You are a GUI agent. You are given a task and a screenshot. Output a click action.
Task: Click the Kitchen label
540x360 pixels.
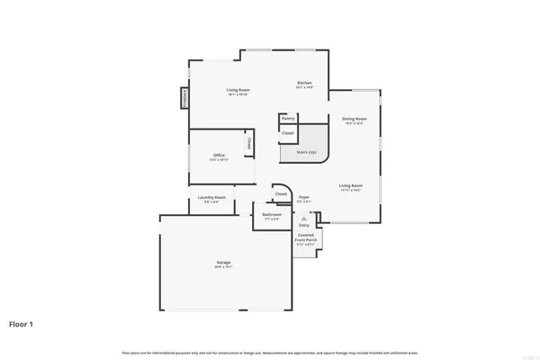[304, 84]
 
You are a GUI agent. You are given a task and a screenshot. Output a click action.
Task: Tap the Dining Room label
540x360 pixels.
[354, 119]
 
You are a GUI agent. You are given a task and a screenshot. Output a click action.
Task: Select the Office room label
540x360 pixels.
[219, 156]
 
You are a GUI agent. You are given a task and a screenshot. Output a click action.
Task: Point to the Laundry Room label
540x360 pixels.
[211, 197]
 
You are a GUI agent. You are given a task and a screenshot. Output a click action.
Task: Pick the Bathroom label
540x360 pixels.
[272, 215]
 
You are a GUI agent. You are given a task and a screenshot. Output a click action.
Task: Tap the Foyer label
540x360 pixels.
[304, 197]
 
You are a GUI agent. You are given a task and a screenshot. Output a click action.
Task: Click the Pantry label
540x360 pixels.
[288, 118]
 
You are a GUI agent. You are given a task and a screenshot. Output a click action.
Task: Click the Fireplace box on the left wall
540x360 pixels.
[185, 96]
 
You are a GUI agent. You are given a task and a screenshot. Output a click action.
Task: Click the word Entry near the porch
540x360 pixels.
[316, 226]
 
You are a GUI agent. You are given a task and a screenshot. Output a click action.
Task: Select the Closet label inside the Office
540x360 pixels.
[248, 143]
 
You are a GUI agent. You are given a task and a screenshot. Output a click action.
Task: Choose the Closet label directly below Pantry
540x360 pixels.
[288, 133]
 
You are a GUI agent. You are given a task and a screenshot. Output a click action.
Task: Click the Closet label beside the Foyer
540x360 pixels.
[281, 193]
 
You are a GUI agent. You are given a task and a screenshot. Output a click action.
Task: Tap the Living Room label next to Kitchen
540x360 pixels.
[238, 90]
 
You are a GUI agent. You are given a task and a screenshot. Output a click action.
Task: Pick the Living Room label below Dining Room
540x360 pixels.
[350, 187]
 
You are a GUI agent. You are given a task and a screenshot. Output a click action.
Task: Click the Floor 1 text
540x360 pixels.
[22, 323]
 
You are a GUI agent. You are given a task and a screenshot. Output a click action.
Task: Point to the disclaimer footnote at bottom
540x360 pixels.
[270, 350]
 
